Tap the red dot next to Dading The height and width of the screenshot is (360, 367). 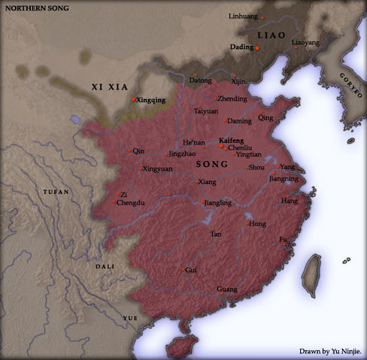[x=258, y=48]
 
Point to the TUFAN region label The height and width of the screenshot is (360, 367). [x=56, y=192]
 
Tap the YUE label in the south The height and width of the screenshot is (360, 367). [x=130, y=319]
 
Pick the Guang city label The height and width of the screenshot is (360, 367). [x=226, y=289]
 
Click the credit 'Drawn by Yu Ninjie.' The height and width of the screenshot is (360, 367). [x=329, y=351]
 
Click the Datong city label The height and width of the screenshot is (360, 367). [x=200, y=80]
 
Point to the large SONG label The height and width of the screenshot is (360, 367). [x=206, y=164]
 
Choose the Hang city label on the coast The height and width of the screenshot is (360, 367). [x=289, y=201]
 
